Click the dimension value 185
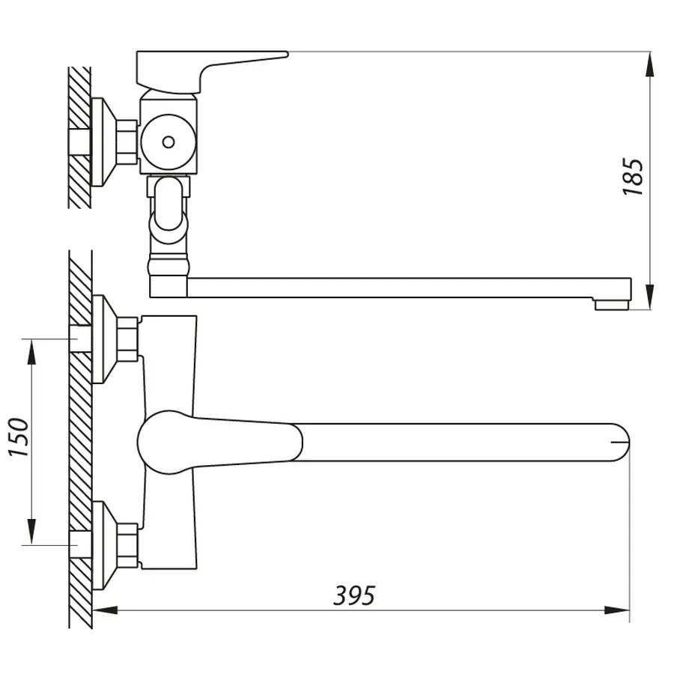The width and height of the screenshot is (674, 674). point(634,177)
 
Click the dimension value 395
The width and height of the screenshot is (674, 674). point(354,595)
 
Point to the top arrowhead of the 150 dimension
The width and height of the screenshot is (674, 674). point(31,351)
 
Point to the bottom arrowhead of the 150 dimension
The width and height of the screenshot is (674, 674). point(31,533)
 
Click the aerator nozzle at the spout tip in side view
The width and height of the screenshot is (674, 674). point(610,304)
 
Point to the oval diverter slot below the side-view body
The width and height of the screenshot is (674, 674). point(170,202)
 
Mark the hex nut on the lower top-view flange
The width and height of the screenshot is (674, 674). point(129,544)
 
